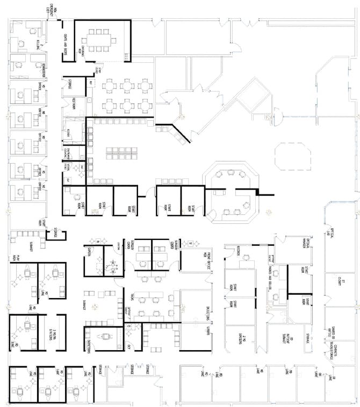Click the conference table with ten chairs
coord(102,40)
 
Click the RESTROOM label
coord(74,104)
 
